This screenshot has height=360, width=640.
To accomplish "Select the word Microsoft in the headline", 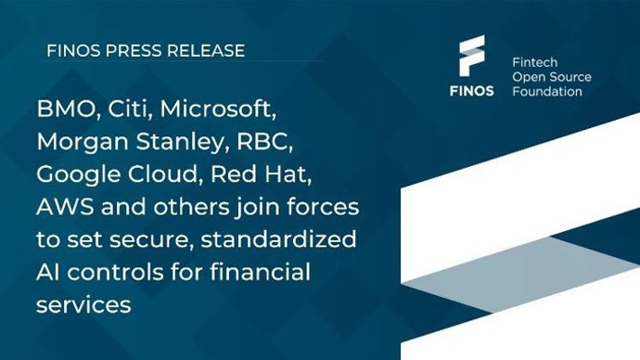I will pyautogui.click(x=219, y=111).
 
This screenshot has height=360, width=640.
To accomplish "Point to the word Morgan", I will pyautogui.click(x=79, y=143).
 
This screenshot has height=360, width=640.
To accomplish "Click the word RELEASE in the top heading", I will pyautogui.click(x=205, y=51).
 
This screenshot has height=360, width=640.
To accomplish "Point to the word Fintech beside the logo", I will pyautogui.click(x=535, y=59).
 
